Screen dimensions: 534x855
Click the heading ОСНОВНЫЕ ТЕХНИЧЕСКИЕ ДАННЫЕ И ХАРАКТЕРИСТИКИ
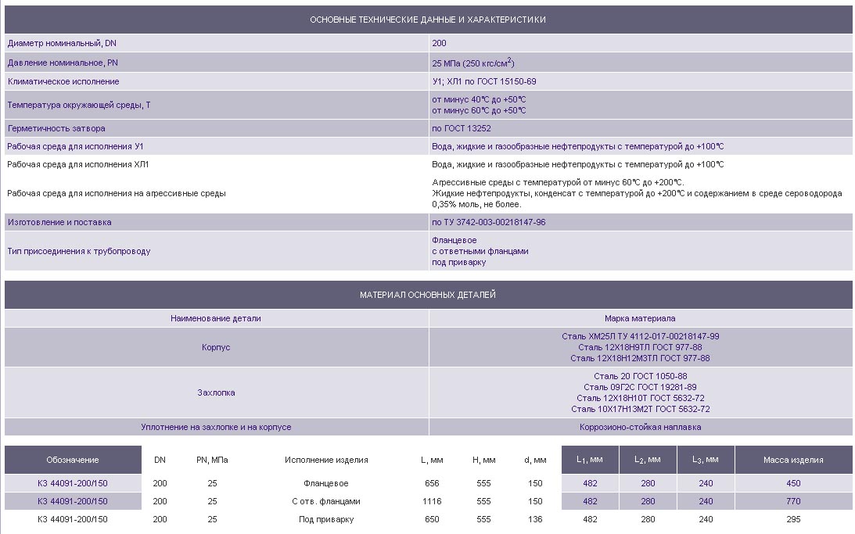428,19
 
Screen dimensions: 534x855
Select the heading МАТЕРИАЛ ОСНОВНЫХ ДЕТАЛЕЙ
428,295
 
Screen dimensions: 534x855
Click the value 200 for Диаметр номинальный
439,43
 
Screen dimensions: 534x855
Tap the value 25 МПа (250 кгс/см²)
472,63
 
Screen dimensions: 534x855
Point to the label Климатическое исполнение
63,81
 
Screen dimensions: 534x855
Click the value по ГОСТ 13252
462,128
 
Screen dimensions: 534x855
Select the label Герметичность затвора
56,128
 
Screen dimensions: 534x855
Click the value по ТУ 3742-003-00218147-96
489,222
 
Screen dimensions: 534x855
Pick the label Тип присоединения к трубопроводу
79,251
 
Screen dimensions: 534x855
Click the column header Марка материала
640,318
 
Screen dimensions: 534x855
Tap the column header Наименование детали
216,318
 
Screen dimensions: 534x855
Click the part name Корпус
216,346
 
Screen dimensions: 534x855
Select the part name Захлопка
216,392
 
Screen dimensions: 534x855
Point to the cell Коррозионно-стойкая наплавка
640,427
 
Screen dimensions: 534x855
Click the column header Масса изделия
793,460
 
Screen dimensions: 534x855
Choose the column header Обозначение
73,460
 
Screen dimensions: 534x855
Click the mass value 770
793,501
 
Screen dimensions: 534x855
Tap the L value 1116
432,501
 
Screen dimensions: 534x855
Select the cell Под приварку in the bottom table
326,519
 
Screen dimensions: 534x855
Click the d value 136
535,519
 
